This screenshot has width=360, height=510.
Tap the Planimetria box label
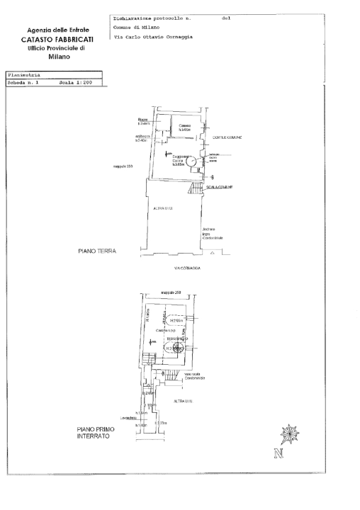24,74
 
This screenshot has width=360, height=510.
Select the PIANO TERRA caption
97,251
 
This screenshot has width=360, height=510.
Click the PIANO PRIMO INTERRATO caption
93,433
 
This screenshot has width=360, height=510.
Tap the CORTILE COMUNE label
227,137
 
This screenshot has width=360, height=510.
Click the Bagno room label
142,121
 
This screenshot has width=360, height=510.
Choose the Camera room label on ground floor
185,127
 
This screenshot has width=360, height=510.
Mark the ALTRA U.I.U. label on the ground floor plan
164,208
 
